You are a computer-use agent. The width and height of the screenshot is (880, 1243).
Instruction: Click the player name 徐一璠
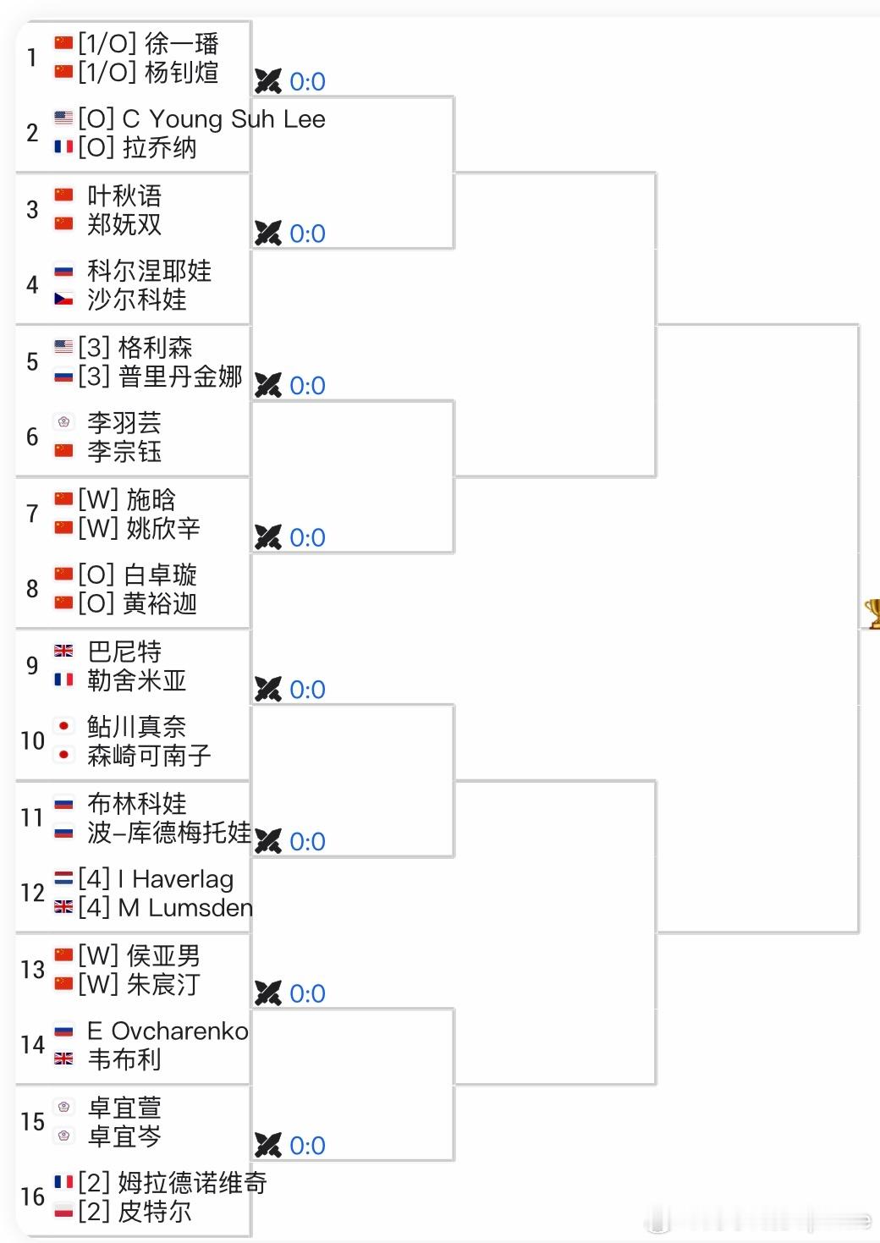(x=181, y=43)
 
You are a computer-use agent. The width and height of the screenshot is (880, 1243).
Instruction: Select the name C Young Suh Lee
(x=223, y=119)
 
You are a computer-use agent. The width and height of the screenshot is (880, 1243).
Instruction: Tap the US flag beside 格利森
(x=63, y=347)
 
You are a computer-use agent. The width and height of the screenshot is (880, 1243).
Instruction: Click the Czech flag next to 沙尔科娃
(x=63, y=300)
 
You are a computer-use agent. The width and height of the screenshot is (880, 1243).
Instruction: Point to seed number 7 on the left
(x=32, y=514)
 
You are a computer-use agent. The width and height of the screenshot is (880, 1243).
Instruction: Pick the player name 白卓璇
(x=160, y=575)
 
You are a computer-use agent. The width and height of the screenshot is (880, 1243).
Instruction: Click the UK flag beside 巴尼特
(x=63, y=651)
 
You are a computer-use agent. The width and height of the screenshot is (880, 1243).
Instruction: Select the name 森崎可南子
(x=149, y=756)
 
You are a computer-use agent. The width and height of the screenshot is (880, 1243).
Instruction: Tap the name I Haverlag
(x=176, y=880)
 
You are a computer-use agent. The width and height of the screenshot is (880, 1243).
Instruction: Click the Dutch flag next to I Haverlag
(x=63, y=878)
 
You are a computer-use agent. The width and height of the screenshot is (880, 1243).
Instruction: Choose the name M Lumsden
(x=185, y=909)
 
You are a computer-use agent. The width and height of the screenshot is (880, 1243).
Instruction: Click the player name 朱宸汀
(x=163, y=985)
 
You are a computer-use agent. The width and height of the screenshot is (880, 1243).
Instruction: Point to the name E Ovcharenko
(x=168, y=1031)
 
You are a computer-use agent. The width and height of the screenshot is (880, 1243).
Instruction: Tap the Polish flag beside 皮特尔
(x=63, y=1211)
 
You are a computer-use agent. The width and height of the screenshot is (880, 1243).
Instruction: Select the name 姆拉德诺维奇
(x=192, y=1183)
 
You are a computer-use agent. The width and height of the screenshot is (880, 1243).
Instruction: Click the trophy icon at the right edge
(x=872, y=613)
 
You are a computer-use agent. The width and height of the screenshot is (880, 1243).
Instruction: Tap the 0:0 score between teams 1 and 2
(x=307, y=82)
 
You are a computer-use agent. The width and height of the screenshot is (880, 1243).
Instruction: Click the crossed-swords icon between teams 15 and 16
(x=268, y=1146)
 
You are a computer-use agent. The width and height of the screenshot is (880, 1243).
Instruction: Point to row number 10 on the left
(x=32, y=741)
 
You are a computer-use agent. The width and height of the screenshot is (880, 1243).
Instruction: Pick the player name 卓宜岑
(x=124, y=1136)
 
